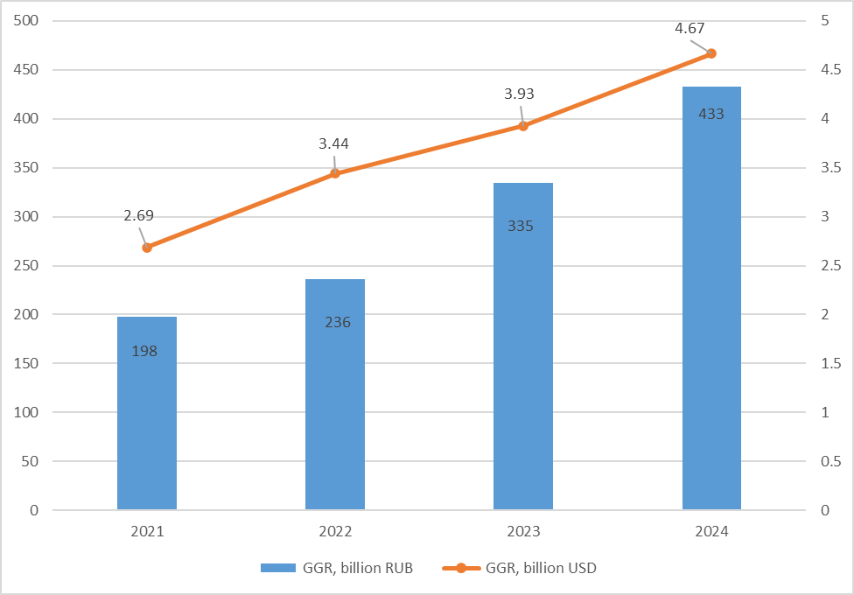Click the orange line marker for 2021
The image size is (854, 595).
(x=147, y=248)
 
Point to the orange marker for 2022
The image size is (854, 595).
(x=335, y=173)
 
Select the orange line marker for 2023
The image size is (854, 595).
(x=523, y=126)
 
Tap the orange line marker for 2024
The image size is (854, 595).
(x=711, y=53)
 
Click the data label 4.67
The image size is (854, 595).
(x=689, y=29)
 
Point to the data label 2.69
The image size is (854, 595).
(x=139, y=215)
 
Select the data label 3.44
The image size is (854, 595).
(x=334, y=143)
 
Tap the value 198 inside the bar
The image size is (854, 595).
(x=145, y=351)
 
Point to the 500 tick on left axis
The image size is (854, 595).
(x=27, y=21)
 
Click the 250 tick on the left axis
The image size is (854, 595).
(x=27, y=265)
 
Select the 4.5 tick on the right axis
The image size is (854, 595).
(x=832, y=70)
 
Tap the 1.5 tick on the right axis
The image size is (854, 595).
(x=832, y=363)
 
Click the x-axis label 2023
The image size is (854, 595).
(x=523, y=531)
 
